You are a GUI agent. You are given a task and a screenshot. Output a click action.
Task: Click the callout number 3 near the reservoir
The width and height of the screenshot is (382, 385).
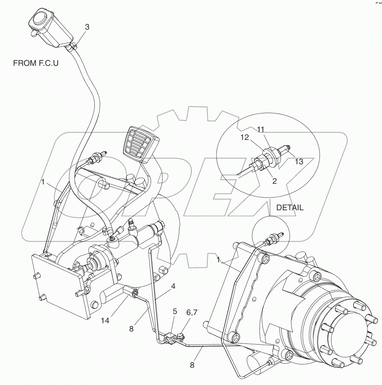(x=87, y=27)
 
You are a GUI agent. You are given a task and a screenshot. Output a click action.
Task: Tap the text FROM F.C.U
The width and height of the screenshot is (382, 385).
(x=36, y=63)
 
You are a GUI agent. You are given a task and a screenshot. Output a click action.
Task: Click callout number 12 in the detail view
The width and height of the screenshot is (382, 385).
(x=245, y=138)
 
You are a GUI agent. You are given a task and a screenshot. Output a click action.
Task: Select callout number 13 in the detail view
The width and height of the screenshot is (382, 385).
(x=298, y=162)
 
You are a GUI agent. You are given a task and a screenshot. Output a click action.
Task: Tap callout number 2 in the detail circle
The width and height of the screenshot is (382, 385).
(x=275, y=181)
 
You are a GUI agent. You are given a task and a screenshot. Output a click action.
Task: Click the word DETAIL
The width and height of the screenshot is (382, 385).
(x=290, y=208)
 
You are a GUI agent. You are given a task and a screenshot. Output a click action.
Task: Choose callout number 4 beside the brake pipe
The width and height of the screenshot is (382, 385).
(x=173, y=287)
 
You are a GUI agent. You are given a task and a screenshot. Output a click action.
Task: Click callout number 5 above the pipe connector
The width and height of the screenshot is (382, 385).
(x=175, y=311)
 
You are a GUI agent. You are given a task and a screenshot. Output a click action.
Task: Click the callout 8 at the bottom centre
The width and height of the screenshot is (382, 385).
(x=192, y=365)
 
